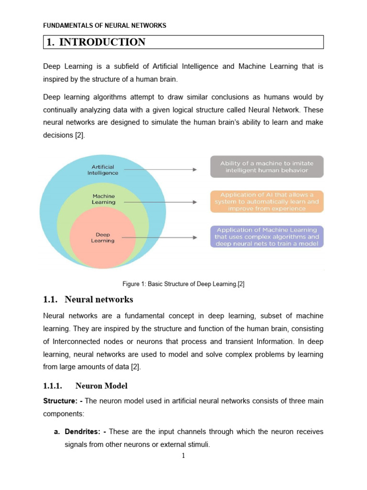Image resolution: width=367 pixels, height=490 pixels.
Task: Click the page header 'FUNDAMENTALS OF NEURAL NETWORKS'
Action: [x=105, y=25]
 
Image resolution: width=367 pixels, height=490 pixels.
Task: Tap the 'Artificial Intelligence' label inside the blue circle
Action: [x=103, y=170]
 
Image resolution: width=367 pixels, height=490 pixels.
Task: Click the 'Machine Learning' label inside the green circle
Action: [x=104, y=199]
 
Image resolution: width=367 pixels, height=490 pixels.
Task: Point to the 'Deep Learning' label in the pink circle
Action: [x=103, y=238]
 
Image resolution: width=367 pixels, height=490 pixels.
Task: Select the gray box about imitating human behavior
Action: [x=267, y=167]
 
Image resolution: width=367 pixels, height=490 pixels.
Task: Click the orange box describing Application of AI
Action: [x=267, y=201]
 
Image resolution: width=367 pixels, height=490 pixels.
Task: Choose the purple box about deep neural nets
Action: [x=267, y=236]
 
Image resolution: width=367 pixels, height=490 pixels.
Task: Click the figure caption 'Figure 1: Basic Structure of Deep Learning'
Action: [x=183, y=284]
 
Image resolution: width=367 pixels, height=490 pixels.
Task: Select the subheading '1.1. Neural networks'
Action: [x=88, y=300]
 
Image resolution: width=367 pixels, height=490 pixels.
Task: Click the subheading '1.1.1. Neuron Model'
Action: [x=86, y=386]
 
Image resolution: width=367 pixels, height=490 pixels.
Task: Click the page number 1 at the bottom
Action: [x=183, y=456]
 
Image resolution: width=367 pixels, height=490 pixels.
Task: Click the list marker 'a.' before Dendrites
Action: [x=56, y=432]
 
